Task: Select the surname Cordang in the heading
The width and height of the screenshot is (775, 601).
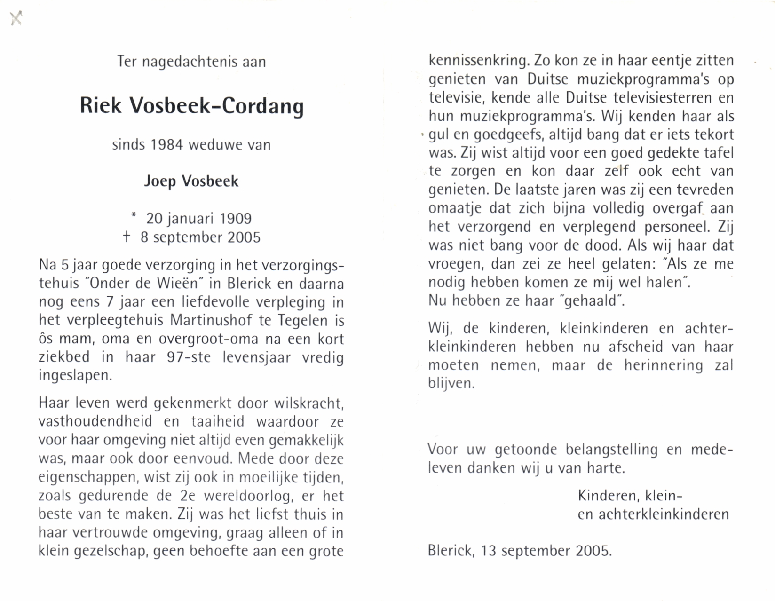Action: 263,107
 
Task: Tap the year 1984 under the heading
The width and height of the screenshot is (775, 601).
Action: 166,145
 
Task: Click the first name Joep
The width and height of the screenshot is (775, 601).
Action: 160,182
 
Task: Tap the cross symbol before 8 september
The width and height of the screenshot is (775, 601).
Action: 126,237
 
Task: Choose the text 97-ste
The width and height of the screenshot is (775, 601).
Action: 189,357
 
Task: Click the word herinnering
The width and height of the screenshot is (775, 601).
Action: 664,365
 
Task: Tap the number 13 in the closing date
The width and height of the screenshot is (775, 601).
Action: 489,551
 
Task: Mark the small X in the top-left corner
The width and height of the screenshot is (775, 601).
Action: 16,18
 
